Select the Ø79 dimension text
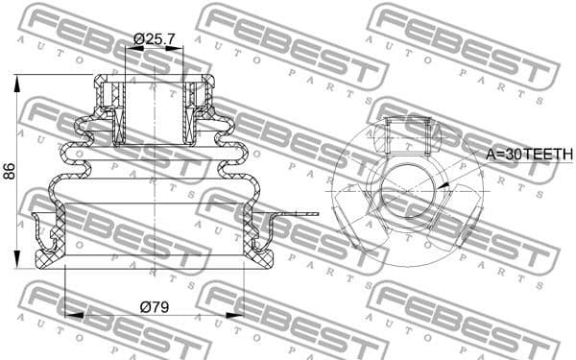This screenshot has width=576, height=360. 154,306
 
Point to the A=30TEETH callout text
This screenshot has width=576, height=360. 528,154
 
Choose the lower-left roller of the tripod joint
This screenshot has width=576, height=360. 353,223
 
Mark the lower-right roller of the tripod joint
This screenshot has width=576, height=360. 459,223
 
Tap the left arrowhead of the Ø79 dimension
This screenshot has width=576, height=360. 66,314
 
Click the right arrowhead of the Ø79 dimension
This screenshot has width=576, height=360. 243,314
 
